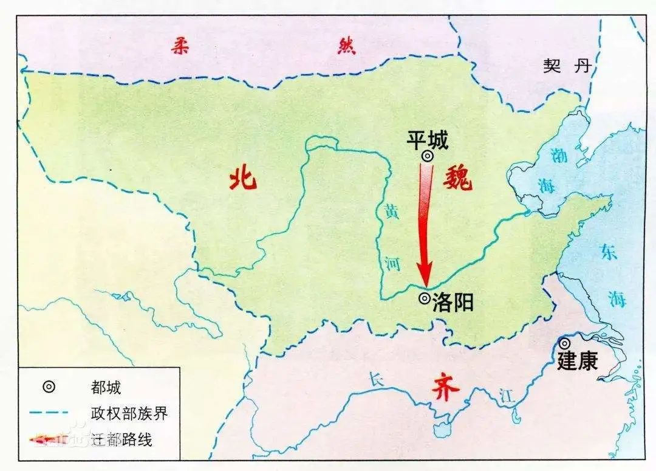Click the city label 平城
tap(428, 140)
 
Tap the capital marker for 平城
tap(428, 156)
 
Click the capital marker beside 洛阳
tap(425, 298)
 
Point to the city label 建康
tap(578, 360)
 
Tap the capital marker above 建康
tap(565, 343)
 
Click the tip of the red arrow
tap(427, 284)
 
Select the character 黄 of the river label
tap(392, 213)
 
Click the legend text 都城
tap(105, 387)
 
